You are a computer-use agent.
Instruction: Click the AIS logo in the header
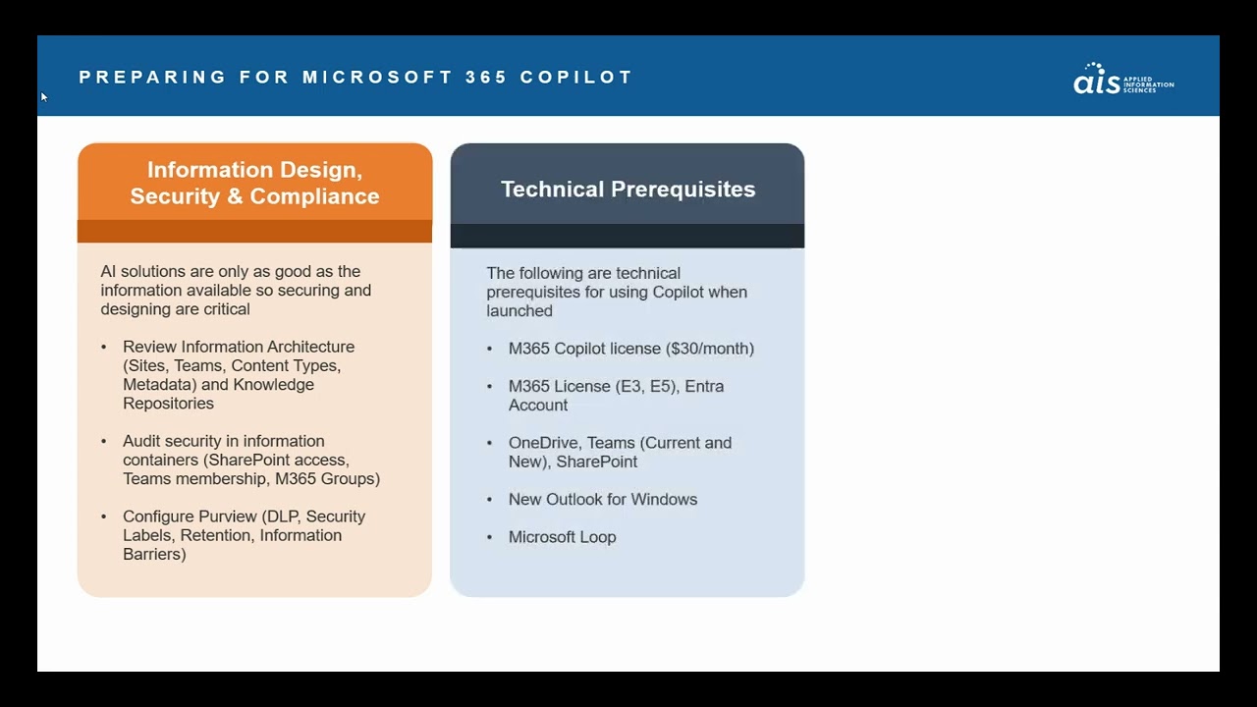click(x=1122, y=79)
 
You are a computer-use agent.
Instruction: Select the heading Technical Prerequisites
click(x=628, y=190)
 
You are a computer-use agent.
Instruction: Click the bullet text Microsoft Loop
click(x=562, y=537)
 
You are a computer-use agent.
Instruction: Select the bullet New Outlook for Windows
click(x=602, y=500)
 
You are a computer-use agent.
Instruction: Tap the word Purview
click(x=230, y=517)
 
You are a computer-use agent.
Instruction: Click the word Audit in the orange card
click(x=141, y=441)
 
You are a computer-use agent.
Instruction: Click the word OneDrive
click(x=544, y=443)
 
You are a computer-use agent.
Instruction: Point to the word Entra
click(x=704, y=386)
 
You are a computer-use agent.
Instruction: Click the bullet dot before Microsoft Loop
click(x=490, y=538)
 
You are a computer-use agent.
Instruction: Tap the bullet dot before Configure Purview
click(x=104, y=517)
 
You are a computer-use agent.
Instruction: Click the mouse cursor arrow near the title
click(x=43, y=96)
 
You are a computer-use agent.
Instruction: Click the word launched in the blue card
click(x=519, y=311)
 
